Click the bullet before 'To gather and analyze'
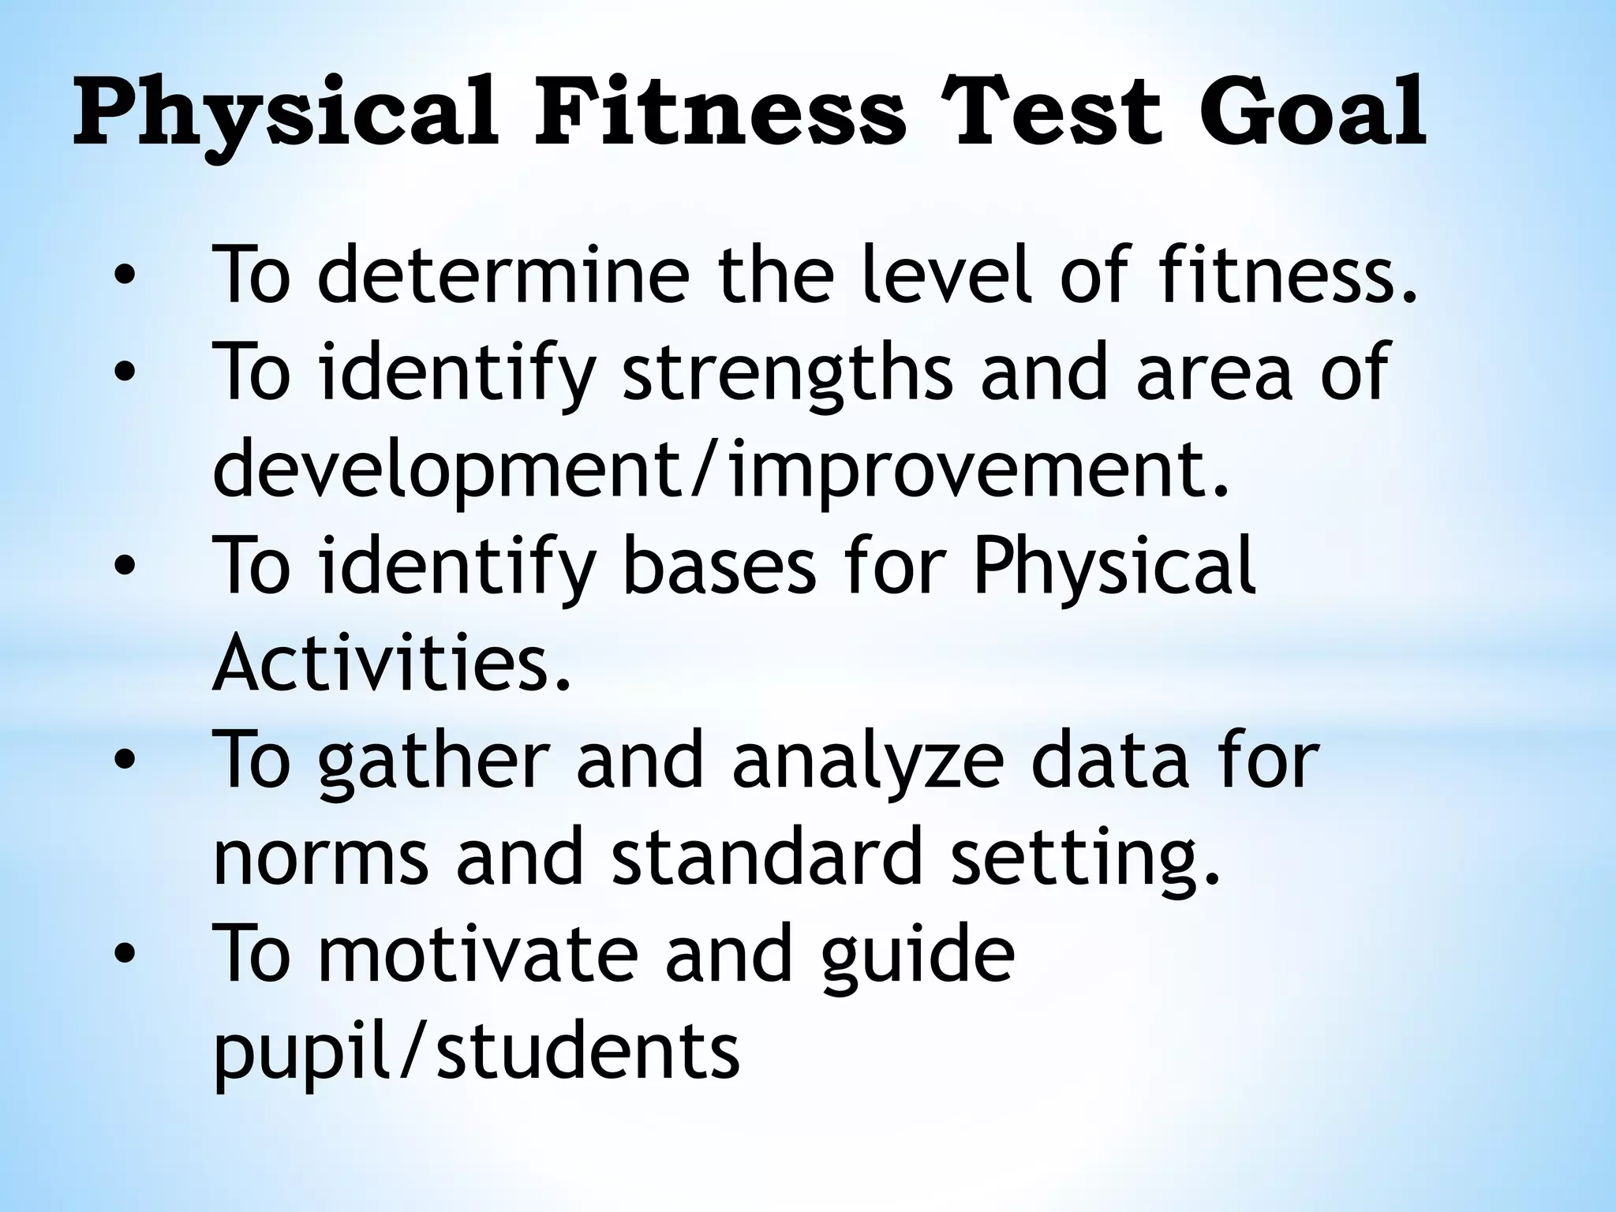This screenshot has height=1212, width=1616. tap(125, 760)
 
